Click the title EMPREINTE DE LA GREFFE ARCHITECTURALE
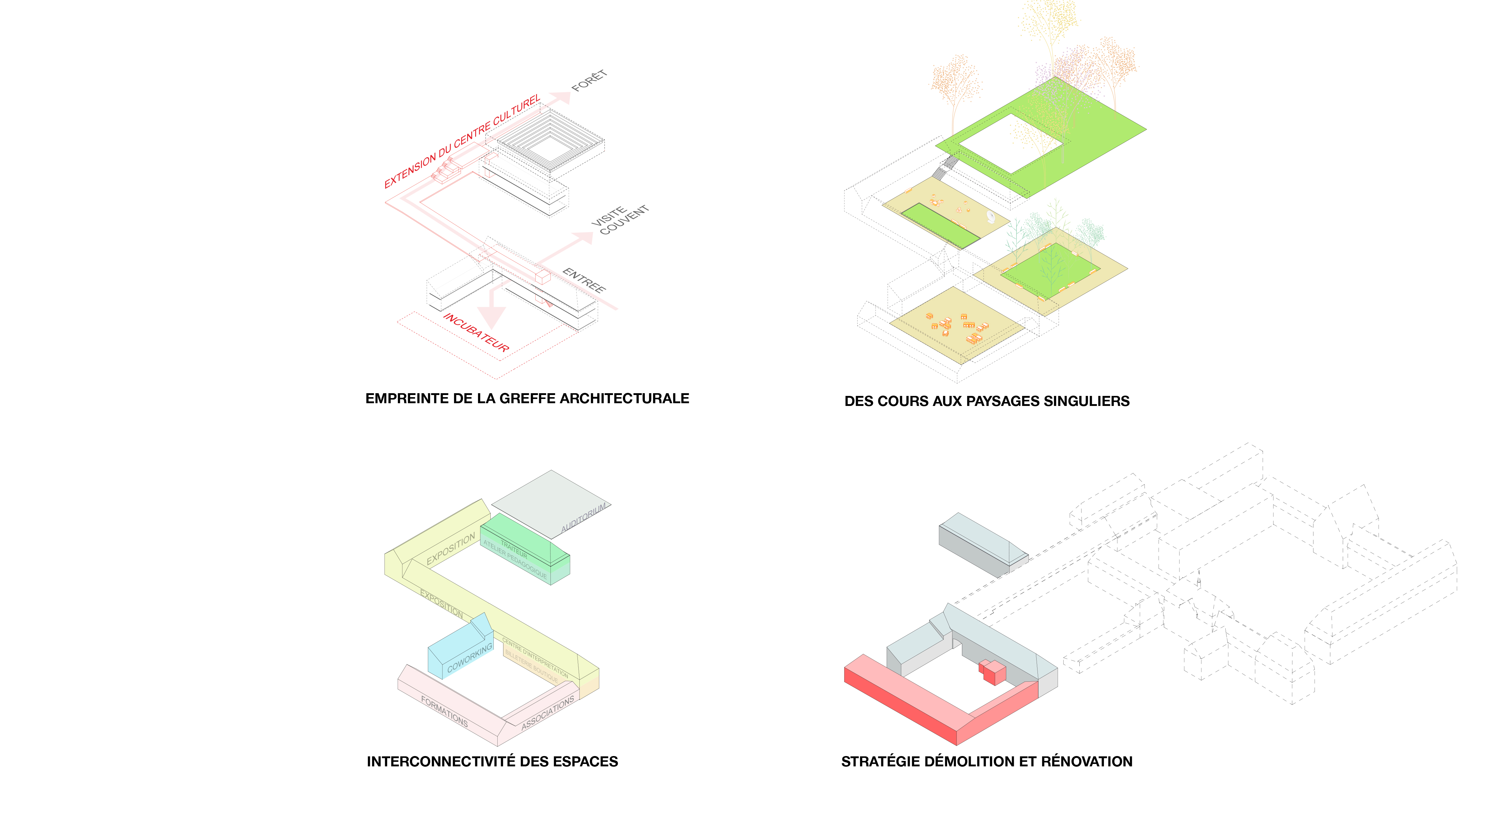pyautogui.click(x=527, y=399)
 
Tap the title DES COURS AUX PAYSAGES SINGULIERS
pyautogui.click(x=987, y=401)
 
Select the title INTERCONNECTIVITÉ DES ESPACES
pyautogui.click(x=492, y=762)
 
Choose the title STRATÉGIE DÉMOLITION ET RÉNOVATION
pyautogui.click(x=987, y=762)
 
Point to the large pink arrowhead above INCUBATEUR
pyautogui.click(x=492, y=315)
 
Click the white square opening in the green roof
pyautogui.click(x=1012, y=143)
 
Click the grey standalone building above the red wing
pyautogui.click(x=980, y=545)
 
